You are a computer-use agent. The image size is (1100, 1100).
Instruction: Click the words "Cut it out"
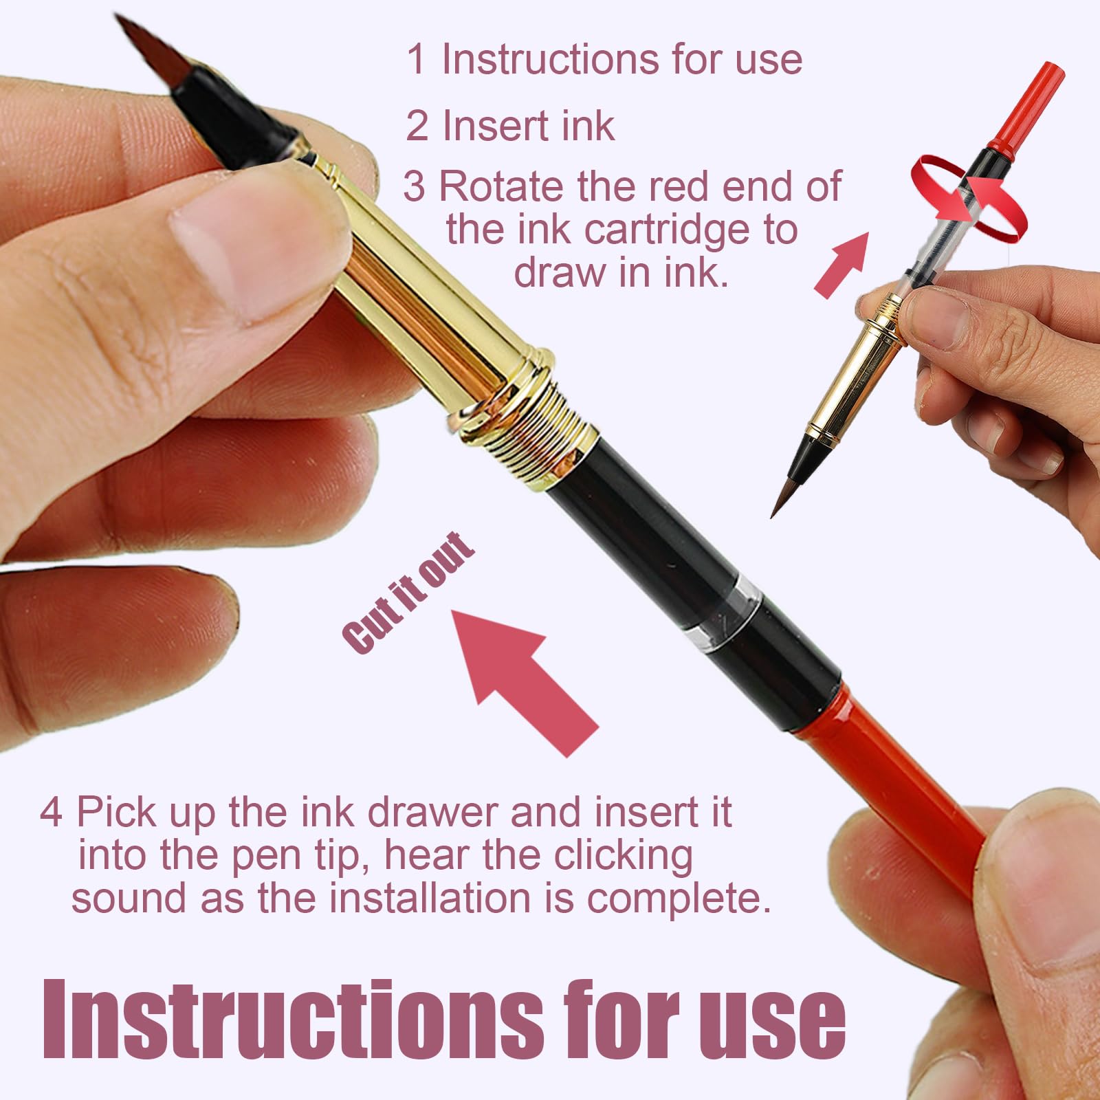[408, 592]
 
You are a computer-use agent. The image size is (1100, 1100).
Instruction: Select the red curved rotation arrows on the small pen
[968, 199]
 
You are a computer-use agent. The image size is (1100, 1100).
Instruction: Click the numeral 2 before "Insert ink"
[417, 126]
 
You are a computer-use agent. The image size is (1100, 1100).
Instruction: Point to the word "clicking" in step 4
[623, 857]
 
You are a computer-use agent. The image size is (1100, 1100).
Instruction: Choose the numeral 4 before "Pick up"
[51, 812]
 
